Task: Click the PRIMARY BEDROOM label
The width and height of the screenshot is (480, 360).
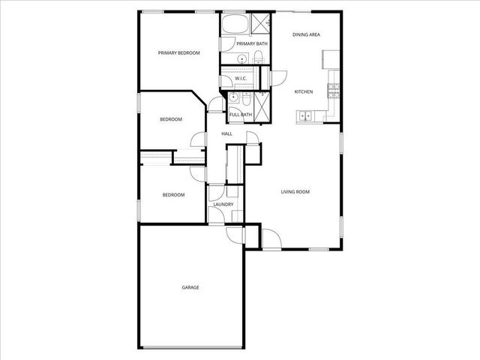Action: (x=178, y=52)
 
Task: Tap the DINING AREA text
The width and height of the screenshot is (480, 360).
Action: (x=307, y=34)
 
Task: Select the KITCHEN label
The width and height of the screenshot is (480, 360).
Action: (x=303, y=91)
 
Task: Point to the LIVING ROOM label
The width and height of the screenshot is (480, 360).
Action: (x=295, y=192)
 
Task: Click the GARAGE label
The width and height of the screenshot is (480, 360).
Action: (x=190, y=287)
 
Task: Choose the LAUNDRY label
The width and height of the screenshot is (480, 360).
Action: (x=223, y=205)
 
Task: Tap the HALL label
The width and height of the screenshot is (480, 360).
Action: (x=226, y=133)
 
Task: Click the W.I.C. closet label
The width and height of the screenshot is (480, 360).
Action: (x=241, y=79)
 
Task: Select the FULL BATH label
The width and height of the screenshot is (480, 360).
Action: (x=240, y=115)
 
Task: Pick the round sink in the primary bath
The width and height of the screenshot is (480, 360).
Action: (x=242, y=59)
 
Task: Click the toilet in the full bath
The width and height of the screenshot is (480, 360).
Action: (x=233, y=97)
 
